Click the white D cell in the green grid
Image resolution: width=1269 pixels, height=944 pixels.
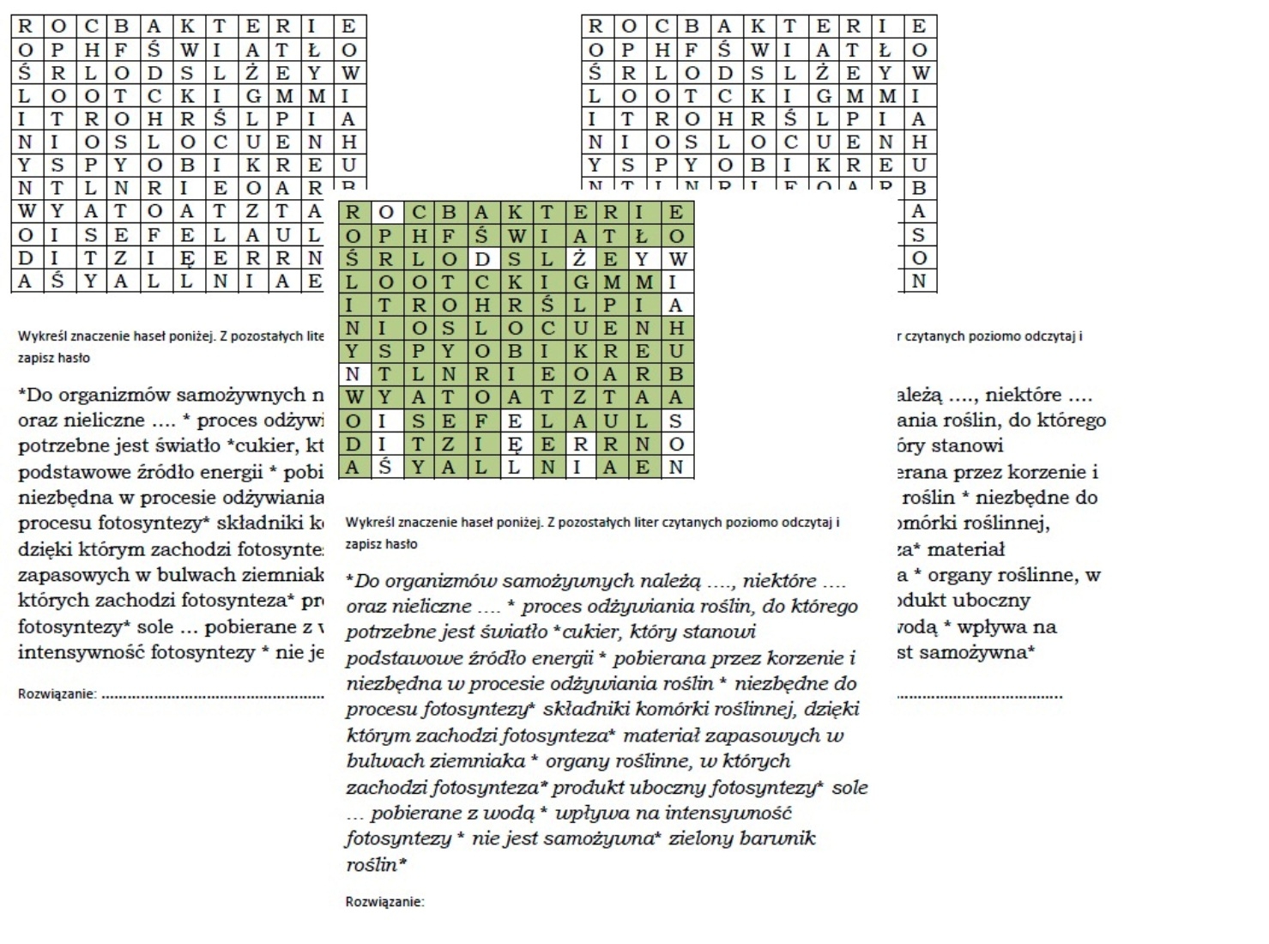tap(483, 259)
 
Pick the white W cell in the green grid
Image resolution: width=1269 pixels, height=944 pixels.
tap(677, 259)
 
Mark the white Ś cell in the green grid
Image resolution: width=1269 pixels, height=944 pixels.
tap(385, 468)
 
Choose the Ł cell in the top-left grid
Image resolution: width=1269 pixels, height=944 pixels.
tap(315, 50)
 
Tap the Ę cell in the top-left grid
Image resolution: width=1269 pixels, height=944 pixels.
tap(187, 257)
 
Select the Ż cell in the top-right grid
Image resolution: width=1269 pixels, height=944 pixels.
tap(822, 73)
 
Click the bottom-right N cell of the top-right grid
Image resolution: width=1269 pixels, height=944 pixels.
tap(918, 281)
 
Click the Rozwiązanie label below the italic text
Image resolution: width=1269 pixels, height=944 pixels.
tap(384, 902)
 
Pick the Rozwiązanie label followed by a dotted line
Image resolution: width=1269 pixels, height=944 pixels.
tap(57, 694)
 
